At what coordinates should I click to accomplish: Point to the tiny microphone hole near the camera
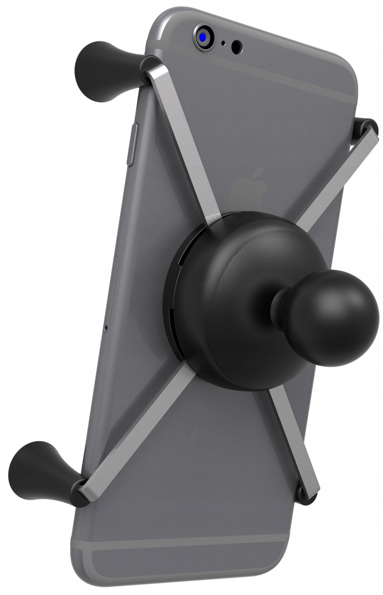tap(223, 43)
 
